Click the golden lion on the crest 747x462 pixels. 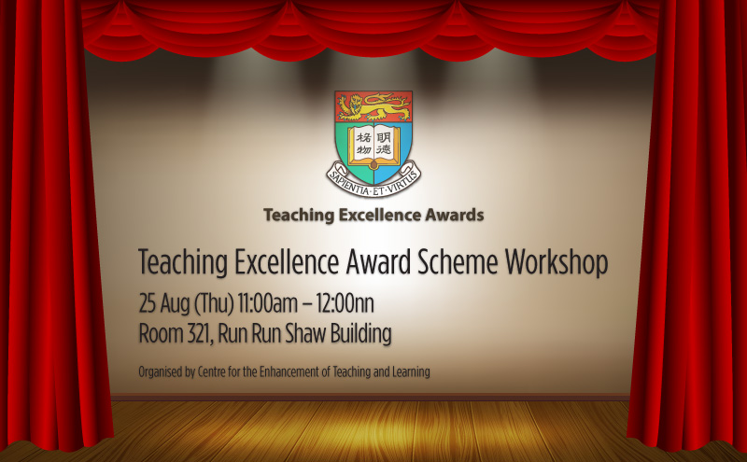coord(374,107)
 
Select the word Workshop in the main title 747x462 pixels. coord(557,263)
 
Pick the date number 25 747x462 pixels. coord(148,304)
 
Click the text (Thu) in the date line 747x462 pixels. coord(214,304)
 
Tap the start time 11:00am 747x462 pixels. coord(268,304)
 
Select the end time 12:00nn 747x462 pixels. coord(345,304)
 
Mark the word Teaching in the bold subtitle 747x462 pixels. coord(299,216)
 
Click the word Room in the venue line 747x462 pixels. coord(161,334)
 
